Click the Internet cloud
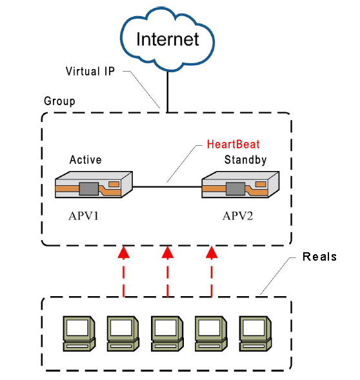pos(167,39)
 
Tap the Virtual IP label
pos(90,71)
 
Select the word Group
pos(59,101)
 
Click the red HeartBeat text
pos(233,145)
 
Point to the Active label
pos(85,160)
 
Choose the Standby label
pos(245,160)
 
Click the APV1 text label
pos(84,216)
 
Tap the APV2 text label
pos(238,216)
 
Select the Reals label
pos(319,257)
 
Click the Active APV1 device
pos(94,185)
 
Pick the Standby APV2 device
pos(241,185)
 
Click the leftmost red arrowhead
pos(124,252)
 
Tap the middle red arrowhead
pos(168,252)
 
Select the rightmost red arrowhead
pos(212,252)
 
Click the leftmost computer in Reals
pos(79,334)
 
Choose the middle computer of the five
pos(167,334)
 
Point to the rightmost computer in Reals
pos(255,334)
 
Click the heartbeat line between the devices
pos(167,187)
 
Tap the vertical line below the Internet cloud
pos(167,92)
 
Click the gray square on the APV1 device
pos(89,189)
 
